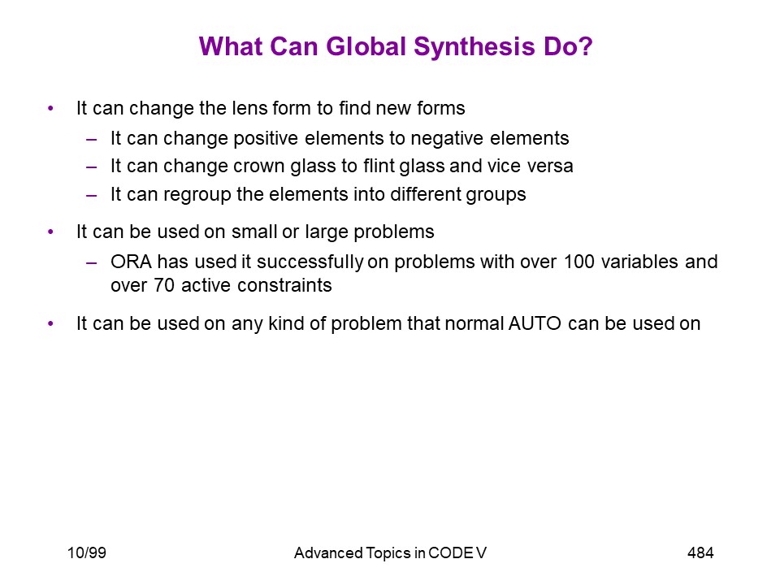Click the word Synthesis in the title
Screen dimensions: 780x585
(474, 47)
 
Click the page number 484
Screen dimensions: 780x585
(700, 552)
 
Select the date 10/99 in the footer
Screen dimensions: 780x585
(87, 552)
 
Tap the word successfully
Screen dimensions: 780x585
(310, 262)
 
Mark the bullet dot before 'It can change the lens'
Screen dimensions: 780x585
(50, 108)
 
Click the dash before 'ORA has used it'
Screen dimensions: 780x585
(91, 262)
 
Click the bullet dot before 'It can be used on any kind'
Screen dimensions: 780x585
(50, 324)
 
